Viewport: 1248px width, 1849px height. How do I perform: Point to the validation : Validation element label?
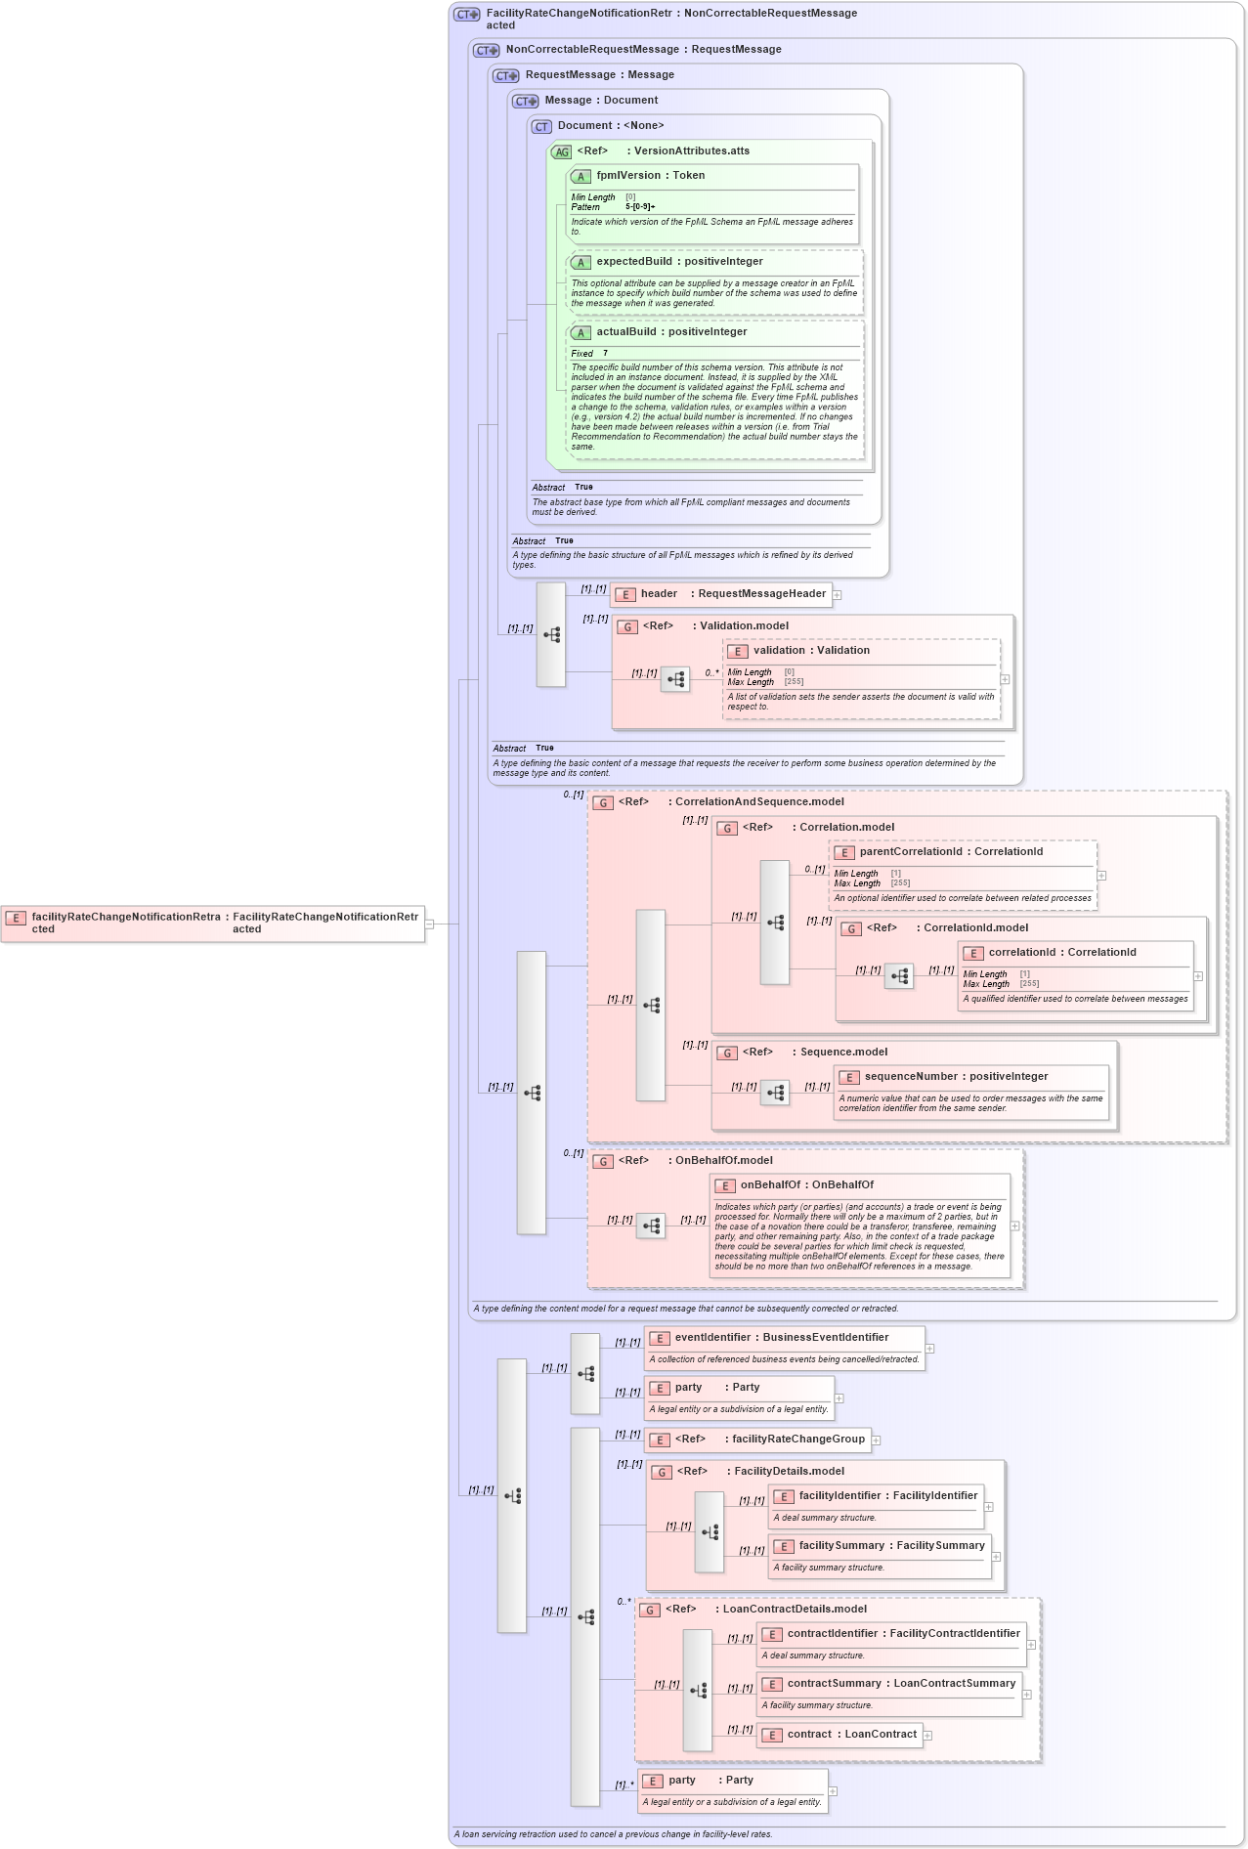click(x=810, y=651)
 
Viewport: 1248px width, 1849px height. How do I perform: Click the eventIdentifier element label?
click(x=781, y=1338)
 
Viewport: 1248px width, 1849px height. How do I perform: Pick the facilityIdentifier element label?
click(x=887, y=1496)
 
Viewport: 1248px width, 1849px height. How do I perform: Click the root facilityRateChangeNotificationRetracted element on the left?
click(x=213, y=924)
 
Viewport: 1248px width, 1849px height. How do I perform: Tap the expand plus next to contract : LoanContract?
click(x=927, y=1736)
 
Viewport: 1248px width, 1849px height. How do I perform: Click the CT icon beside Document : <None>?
click(x=541, y=127)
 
